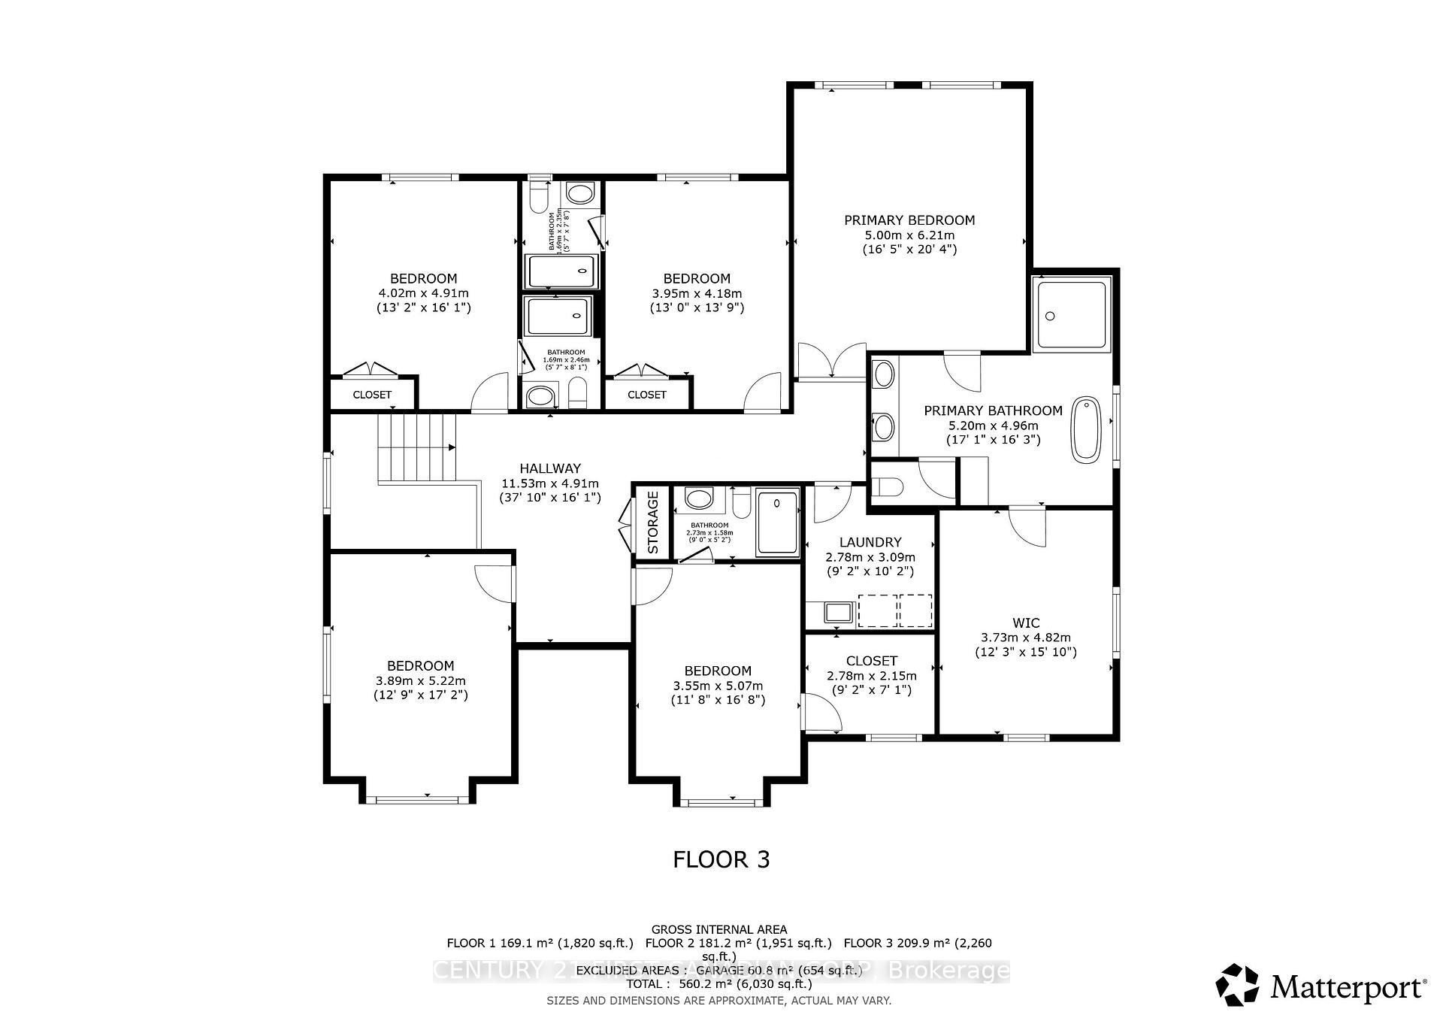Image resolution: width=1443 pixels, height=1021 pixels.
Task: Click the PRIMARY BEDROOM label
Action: pos(909,220)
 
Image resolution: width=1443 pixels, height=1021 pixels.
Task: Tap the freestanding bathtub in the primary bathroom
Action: pos(1085,429)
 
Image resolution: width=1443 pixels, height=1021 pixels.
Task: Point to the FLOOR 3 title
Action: pos(721,859)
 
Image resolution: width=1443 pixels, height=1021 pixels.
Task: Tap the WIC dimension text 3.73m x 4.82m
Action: pos(1026,638)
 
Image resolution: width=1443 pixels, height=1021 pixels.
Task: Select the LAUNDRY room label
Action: pos(870,542)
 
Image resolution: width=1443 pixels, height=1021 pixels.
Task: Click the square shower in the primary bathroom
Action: pos(1071,314)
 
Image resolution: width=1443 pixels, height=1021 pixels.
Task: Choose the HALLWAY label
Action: pos(550,468)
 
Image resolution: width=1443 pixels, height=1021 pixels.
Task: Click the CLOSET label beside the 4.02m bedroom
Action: pos(372,395)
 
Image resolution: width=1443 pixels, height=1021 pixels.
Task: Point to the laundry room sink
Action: pos(836,612)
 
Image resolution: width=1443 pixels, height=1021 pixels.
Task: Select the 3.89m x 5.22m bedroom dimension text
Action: pos(420,680)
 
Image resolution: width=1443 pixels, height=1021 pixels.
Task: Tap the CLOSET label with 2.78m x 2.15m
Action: pos(872,661)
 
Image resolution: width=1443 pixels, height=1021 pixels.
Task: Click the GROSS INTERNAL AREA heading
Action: pos(719,930)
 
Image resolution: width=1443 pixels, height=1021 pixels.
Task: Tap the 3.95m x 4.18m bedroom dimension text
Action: pos(697,293)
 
